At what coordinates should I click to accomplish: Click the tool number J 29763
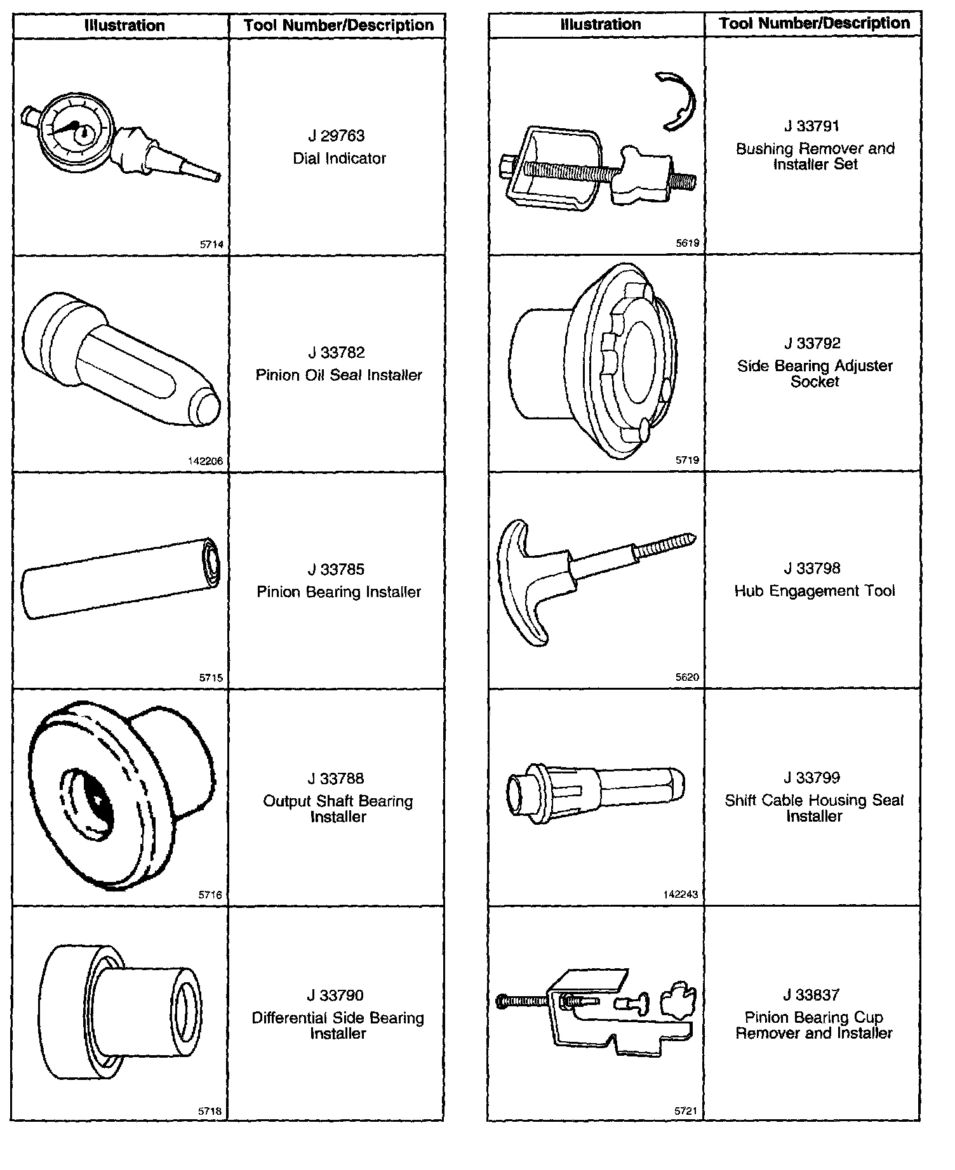337,136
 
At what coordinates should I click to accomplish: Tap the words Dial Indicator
339,159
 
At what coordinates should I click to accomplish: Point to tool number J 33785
337,569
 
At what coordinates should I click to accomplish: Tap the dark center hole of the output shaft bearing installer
99,801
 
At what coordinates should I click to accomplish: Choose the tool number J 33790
337,995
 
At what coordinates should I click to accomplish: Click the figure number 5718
210,1111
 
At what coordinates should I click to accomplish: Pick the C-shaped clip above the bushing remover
678,101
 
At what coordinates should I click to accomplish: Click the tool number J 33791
812,126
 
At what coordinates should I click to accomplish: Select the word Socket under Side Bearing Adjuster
815,382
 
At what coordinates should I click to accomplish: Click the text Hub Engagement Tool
815,591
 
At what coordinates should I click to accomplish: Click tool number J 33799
812,777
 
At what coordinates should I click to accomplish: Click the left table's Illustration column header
124,26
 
